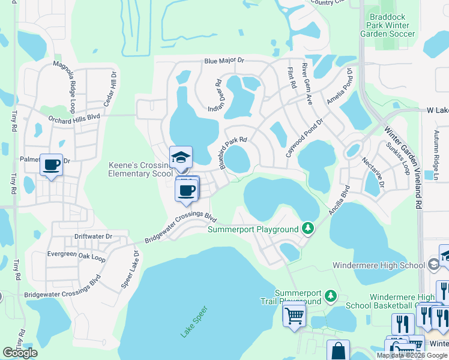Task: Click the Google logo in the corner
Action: click(20, 353)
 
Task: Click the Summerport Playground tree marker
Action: click(308, 228)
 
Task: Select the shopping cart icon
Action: click(294, 314)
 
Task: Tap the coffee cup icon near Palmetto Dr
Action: click(52, 164)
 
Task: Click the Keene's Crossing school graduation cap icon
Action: click(181, 157)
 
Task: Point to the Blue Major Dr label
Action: click(224, 61)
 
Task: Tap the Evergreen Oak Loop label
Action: click(76, 256)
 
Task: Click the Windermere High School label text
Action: click(379, 265)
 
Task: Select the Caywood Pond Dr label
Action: click(304, 137)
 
